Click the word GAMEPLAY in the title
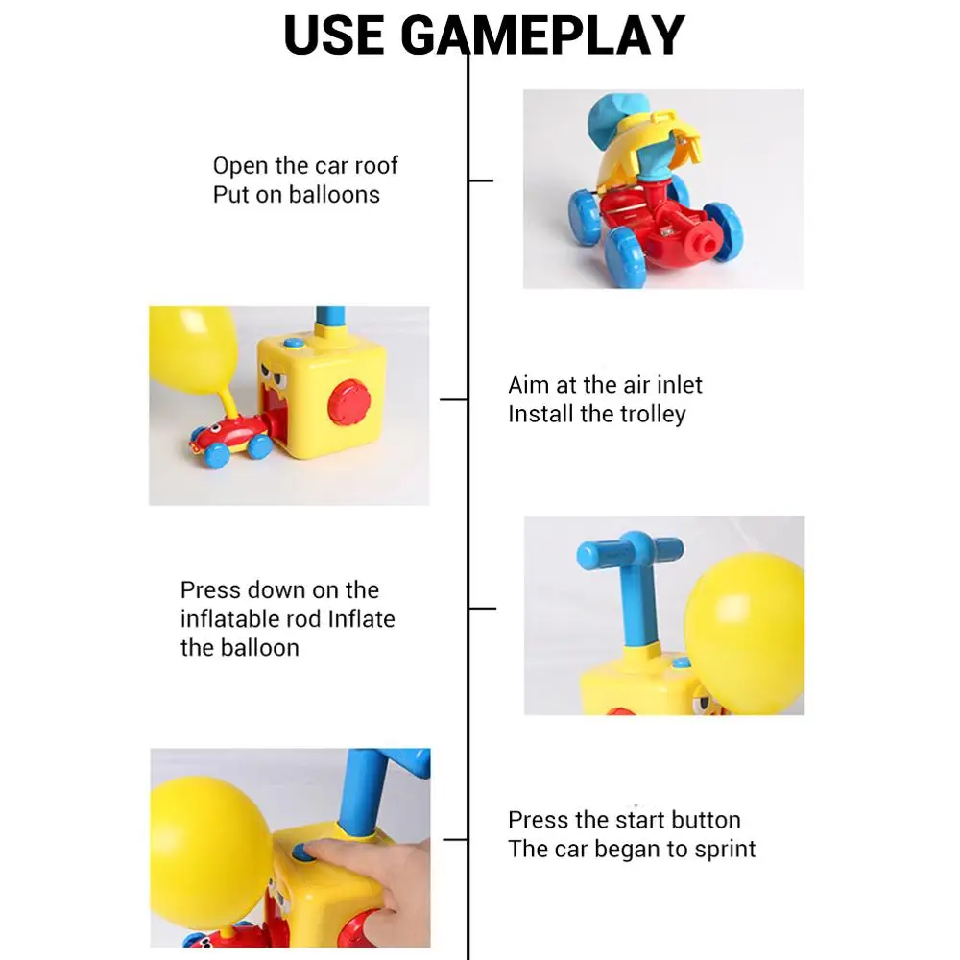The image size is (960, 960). [542, 36]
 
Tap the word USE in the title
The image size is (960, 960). [336, 36]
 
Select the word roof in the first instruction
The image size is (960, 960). [375, 165]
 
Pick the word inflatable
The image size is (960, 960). [231, 619]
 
